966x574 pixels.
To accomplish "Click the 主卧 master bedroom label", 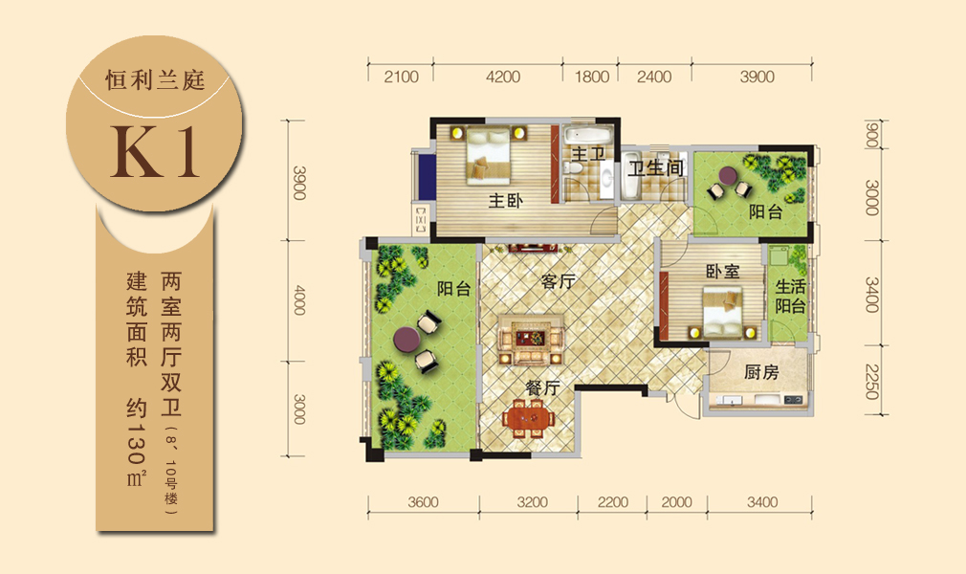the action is tap(506, 200).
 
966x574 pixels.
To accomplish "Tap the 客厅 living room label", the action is tap(559, 281).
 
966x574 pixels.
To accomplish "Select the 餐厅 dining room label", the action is tap(542, 387).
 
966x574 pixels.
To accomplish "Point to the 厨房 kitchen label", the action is tap(761, 372).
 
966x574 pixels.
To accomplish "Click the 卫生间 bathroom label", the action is tap(655, 167).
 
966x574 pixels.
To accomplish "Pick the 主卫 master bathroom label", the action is tap(588, 153).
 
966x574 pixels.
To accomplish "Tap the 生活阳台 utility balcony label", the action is tap(790, 296).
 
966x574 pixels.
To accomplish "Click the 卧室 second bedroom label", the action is tap(723, 272).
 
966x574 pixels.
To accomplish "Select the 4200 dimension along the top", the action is tap(503, 77).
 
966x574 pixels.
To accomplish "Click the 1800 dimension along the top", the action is tap(591, 77).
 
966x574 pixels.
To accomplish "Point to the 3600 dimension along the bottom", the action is tap(423, 502).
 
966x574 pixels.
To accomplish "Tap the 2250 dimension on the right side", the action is tap(871, 382).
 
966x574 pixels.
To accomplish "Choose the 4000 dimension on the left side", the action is tap(299, 300).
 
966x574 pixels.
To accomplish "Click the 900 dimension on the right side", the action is tap(871, 136).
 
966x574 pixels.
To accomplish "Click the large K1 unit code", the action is tap(155, 152).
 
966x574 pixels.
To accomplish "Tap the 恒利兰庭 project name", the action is tap(155, 80).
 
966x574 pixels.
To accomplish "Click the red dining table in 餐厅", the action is tap(529, 417).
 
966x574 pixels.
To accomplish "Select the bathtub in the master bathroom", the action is tap(586, 134).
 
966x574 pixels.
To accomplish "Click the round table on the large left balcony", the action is tap(406, 339).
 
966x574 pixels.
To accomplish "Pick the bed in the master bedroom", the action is tap(489, 155).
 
